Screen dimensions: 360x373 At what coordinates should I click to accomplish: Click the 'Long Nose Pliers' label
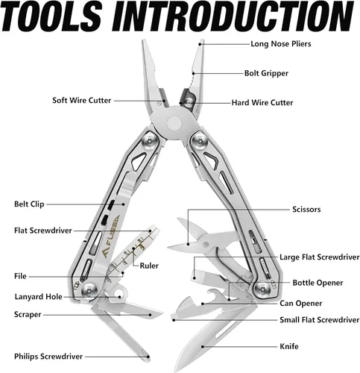(281, 44)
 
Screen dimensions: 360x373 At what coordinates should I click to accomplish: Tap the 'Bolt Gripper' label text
(266, 73)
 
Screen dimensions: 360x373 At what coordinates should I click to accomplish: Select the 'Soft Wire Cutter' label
(81, 101)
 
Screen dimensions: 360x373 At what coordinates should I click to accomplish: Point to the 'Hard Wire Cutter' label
(262, 103)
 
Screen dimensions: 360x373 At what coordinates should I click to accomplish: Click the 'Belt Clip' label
(29, 204)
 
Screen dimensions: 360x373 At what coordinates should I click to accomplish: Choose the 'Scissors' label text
(306, 210)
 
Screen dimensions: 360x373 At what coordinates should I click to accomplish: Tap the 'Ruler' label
(149, 266)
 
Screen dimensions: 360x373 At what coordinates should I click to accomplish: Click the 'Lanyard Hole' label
(38, 297)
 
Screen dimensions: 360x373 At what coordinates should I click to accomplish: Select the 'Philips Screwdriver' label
(48, 357)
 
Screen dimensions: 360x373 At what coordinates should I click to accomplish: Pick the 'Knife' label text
(289, 346)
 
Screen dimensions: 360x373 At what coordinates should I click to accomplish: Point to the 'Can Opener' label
(301, 304)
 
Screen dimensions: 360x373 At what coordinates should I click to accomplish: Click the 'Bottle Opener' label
(318, 283)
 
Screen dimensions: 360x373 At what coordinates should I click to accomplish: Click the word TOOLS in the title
(51, 16)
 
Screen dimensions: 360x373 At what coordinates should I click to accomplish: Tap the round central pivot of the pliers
(174, 123)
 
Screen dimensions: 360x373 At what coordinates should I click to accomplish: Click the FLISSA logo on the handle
(112, 236)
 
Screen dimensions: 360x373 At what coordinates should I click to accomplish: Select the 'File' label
(20, 276)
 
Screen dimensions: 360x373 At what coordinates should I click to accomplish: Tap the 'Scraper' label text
(28, 315)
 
